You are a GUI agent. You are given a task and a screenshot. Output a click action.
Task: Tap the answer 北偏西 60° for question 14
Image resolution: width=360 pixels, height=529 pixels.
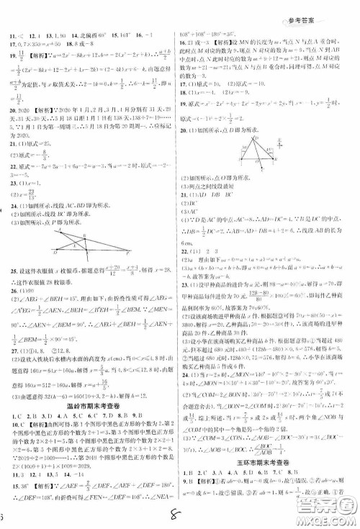pyautogui.click(x=92, y=35)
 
